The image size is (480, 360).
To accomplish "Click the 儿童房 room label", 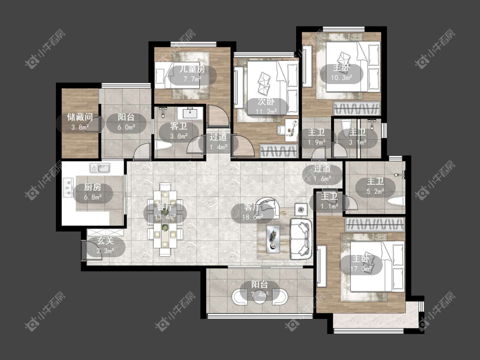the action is pyautogui.click(x=192, y=70).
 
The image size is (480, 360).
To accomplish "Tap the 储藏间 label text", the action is pyautogui.click(x=80, y=117).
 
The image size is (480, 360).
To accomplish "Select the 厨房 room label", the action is pyautogui.click(x=93, y=187).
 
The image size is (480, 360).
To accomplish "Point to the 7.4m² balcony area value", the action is pyautogui.click(x=260, y=294).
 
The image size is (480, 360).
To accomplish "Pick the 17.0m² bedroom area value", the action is pyautogui.click(x=361, y=269).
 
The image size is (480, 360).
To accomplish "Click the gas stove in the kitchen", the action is pyautogui.click(x=68, y=187).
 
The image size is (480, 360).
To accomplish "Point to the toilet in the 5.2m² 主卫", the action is pyautogui.click(x=396, y=201).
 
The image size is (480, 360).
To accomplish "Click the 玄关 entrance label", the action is pyautogui.click(x=105, y=241).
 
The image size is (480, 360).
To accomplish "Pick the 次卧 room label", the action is pyautogui.click(x=266, y=102).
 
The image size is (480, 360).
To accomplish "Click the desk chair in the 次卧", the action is pyautogui.click(x=281, y=130).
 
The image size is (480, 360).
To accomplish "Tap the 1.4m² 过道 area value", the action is pyautogui.click(x=218, y=147).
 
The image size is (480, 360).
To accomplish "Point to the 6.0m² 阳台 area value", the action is pyautogui.click(x=127, y=127).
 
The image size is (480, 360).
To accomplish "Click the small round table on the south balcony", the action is pyautogui.click(x=260, y=296).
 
